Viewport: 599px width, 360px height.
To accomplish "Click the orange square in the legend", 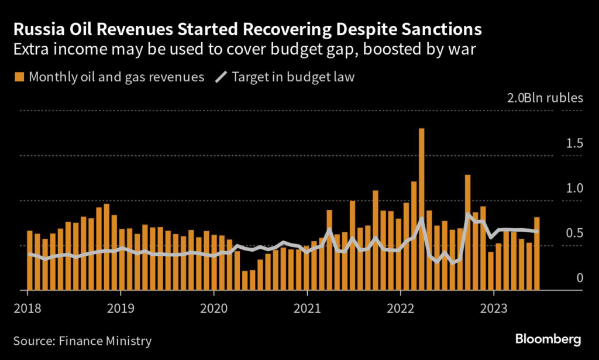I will [19, 77].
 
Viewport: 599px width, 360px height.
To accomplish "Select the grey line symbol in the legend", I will [221, 77].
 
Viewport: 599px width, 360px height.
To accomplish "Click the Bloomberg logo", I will [548, 339].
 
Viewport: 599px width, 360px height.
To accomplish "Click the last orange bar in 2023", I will [536, 253].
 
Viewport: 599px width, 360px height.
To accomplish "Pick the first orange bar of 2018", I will [30, 260].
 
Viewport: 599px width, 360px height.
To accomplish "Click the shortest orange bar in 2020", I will [245, 280].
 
